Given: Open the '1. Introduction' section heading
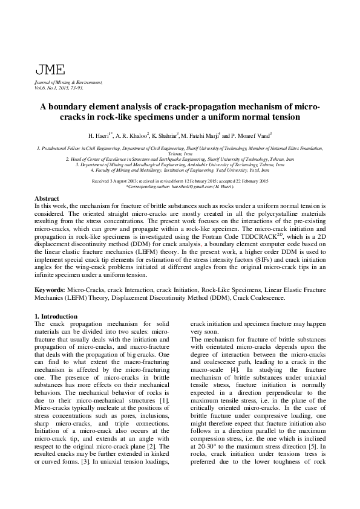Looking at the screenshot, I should coord(56,316).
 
